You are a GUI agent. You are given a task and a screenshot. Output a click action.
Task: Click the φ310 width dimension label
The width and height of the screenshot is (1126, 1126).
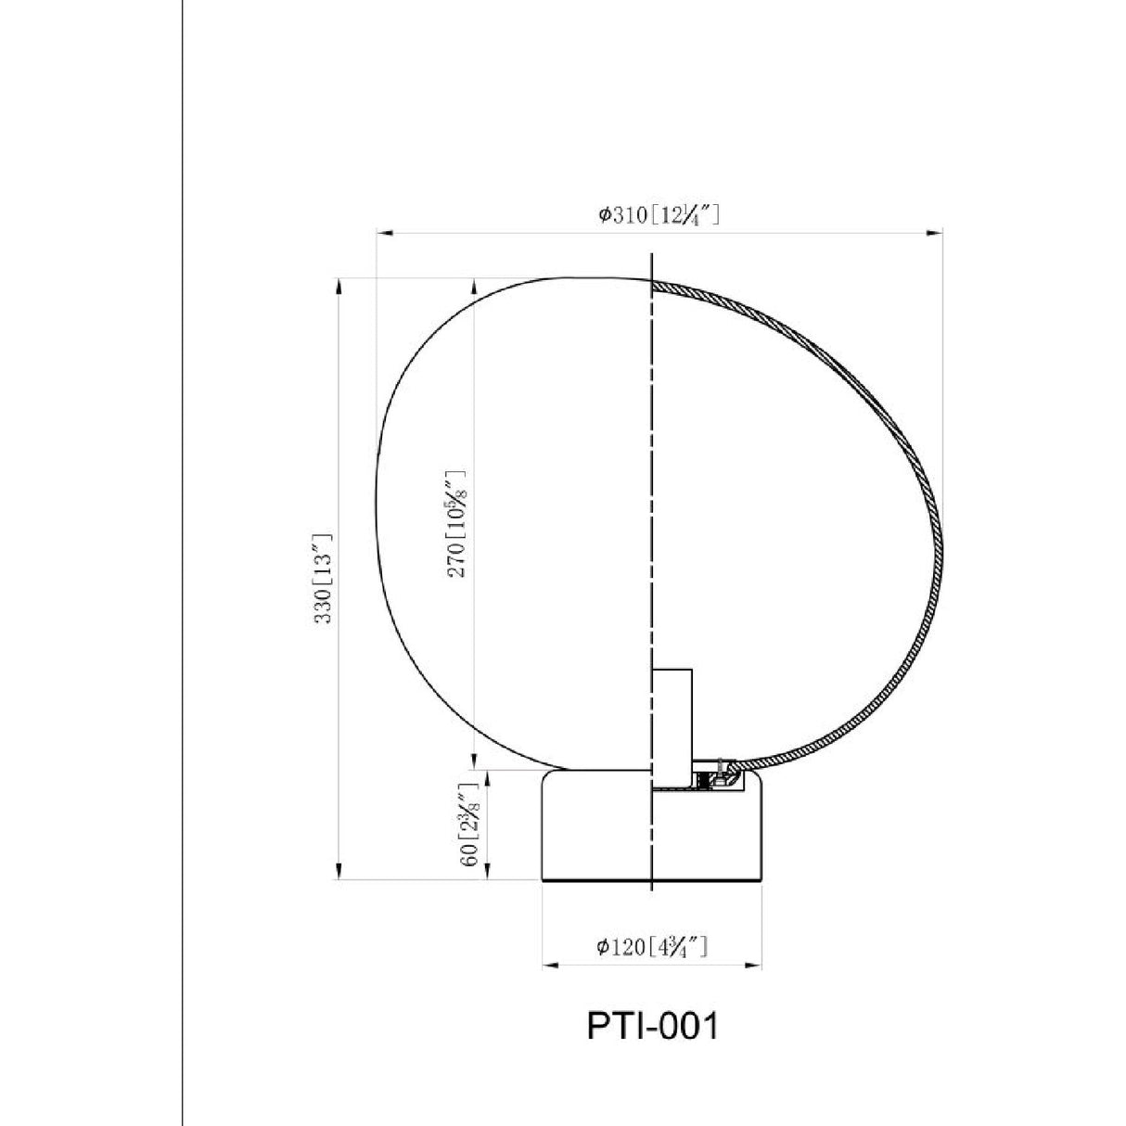[x=659, y=215]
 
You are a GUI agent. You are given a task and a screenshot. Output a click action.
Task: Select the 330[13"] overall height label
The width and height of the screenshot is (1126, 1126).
[x=323, y=579]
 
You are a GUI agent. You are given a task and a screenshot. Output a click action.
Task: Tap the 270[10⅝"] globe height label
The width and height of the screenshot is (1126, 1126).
[x=457, y=523]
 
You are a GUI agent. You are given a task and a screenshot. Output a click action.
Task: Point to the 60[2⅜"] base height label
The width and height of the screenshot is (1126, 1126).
[x=470, y=825]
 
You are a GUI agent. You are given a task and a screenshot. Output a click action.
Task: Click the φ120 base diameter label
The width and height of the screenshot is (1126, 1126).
[x=653, y=946]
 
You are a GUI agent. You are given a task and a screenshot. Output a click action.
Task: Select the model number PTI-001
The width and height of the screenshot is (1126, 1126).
[x=653, y=1027]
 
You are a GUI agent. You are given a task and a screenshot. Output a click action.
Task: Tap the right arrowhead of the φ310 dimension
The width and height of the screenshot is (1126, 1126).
[x=935, y=233]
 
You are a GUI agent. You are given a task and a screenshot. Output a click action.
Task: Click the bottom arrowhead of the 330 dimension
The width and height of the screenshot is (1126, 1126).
[x=339, y=871]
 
